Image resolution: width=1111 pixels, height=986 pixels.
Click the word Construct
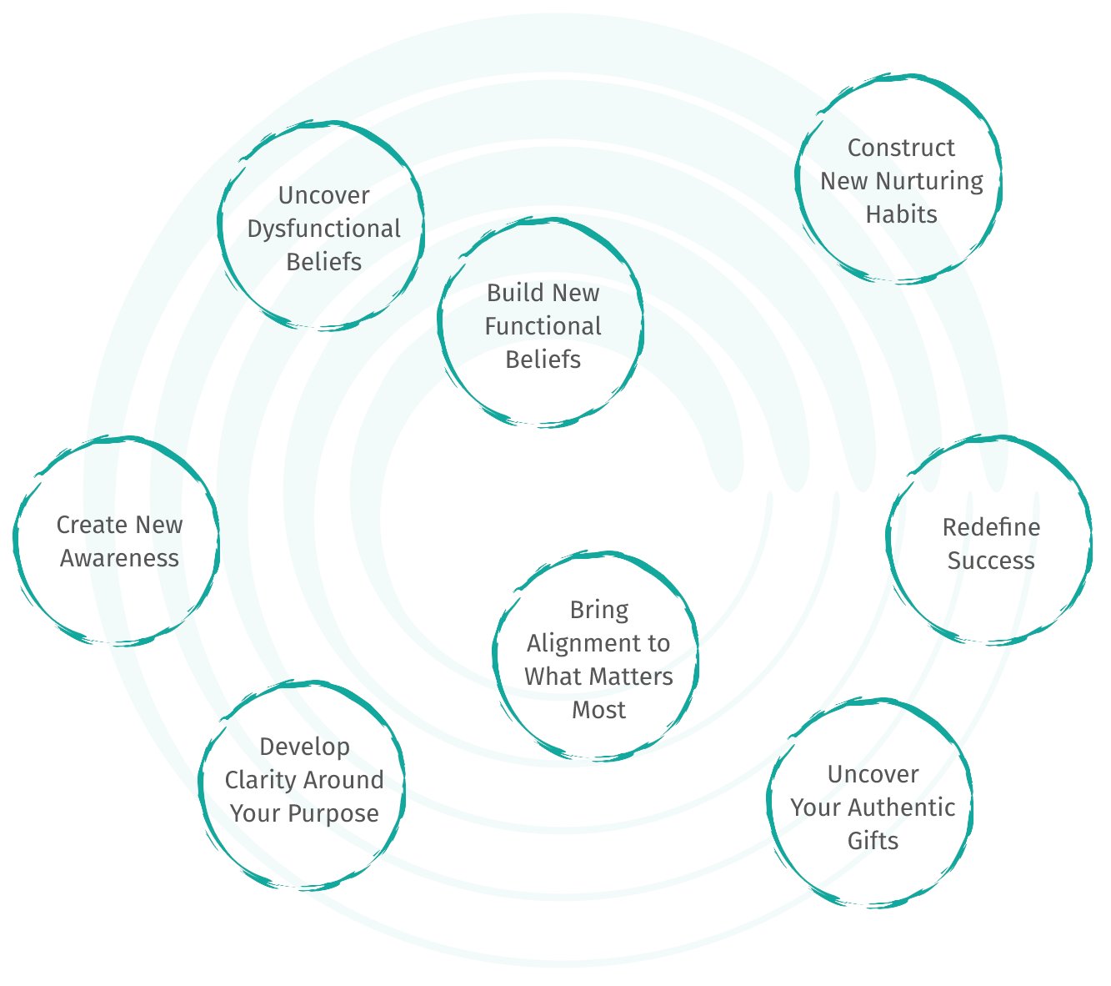tap(901, 148)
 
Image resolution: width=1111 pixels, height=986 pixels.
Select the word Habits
tap(901, 214)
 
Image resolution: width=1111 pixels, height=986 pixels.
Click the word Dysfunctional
tap(324, 229)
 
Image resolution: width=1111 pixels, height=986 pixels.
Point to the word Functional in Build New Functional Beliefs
tap(543, 326)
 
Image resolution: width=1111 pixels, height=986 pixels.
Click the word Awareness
tap(120, 558)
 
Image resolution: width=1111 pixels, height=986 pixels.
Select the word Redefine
tap(991, 527)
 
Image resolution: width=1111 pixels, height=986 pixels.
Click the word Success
tap(991, 561)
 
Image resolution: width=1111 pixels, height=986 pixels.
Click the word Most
tap(598, 710)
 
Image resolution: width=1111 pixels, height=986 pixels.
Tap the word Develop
tap(304, 747)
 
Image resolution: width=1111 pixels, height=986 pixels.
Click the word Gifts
tap(873, 841)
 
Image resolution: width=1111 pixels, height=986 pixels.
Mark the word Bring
tap(598, 610)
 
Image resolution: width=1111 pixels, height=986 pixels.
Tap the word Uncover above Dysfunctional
tap(324, 196)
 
